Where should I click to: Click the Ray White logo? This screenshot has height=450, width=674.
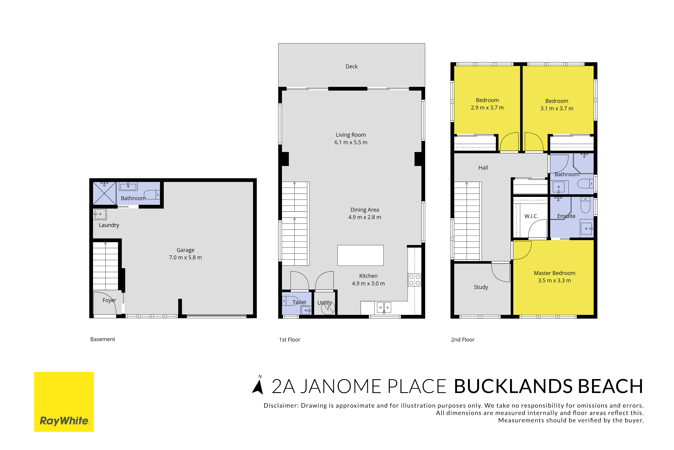pyautogui.click(x=64, y=402)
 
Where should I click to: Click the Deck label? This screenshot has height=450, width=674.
pyautogui.click(x=352, y=67)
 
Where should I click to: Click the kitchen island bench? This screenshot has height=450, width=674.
pyautogui.click(x=360, y=255)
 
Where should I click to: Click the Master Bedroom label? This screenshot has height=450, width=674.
pyautogui.click(x=554, y=273)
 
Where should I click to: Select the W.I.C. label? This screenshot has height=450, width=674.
pyautogui.click(x=531, y=216)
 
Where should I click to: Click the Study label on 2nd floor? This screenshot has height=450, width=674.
pyautogui.click(x=481, y=287)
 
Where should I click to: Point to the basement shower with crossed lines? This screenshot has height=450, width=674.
pyautogui.click(x=104, y=193)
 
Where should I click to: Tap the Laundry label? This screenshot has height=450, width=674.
pyautogui.click(x=109, y=225)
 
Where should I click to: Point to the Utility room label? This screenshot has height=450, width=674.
pyautogui.click(x=324, y=303)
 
